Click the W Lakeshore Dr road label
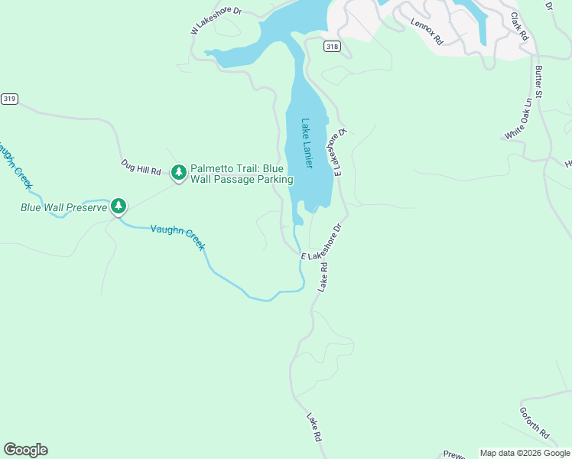pos(216,21)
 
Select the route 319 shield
pos(8,99)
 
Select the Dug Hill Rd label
pos(141,167)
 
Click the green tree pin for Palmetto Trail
pos(179,173)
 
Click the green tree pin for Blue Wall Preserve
pos(118,206)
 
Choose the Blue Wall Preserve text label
pos(63,207)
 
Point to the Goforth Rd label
pos(534,422)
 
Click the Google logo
pos(25,450)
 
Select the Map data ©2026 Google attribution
pos(524,453)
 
